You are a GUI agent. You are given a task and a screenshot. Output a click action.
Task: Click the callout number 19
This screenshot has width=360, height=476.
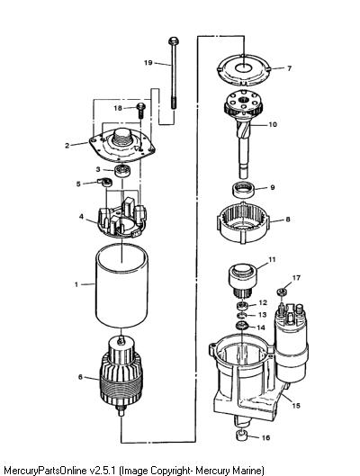point(148,62)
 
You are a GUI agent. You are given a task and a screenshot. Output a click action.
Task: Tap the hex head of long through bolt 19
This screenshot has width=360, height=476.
point(174,40)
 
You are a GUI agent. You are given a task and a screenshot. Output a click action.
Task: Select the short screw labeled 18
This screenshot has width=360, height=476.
point(141,111)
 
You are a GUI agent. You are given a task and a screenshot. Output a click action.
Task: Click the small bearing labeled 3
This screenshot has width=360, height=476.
point(123,170)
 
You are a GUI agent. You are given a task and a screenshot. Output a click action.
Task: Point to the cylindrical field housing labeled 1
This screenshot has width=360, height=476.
point(121,288)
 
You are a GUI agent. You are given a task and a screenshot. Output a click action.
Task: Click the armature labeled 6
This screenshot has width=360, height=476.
point(121,375)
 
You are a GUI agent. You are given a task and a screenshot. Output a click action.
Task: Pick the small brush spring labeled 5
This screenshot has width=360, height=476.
point(105,182)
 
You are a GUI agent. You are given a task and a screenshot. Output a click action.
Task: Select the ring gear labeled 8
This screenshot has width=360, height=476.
point(243,223)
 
